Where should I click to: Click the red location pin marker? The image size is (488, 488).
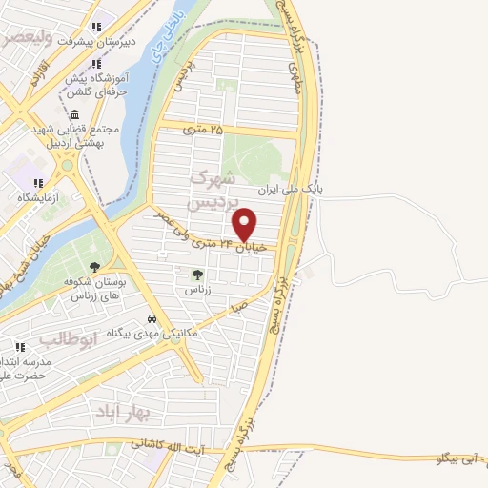point(245,224)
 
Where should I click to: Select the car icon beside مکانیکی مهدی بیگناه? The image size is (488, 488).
point(151,319)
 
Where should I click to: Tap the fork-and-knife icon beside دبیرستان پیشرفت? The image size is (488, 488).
point(93,27)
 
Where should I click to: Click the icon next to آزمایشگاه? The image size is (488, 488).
point(39,182)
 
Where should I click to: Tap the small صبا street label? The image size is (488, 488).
point(240,306)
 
